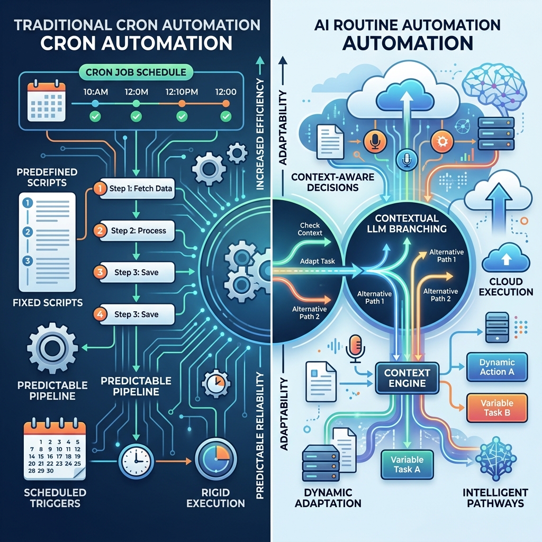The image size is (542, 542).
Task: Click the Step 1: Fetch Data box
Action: point(136,188)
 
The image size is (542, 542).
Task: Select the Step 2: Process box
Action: point(136,231)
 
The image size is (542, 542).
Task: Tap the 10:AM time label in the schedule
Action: point(96,91)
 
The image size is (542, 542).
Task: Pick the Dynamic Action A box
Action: point(496,367)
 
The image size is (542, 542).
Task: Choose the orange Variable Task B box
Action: point(496,408)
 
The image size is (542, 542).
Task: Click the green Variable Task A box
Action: point(406,464)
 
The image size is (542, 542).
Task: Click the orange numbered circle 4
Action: point(99,314)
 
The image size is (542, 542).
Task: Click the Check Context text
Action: point(310,229)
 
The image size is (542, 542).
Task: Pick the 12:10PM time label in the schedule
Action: point(181,91)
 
